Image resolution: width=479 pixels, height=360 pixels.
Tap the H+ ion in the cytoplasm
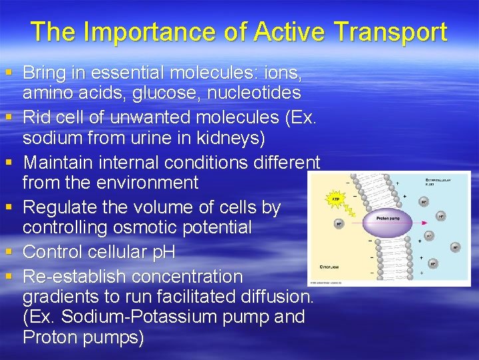tap(339, 224)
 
